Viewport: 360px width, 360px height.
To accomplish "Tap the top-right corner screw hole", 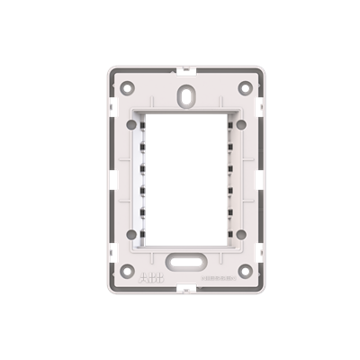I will [244, 87].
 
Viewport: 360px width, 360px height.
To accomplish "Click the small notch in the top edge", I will [184, 69].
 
